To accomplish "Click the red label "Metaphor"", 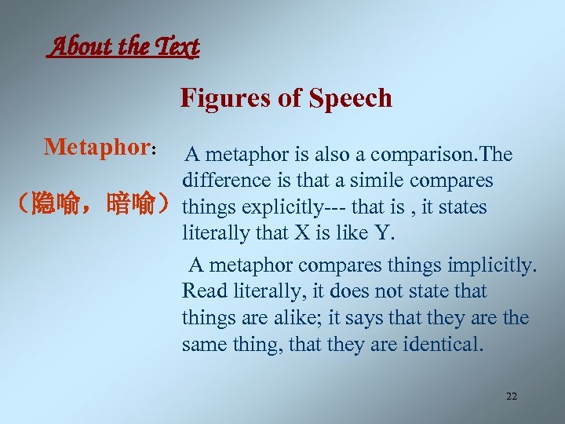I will [x=97, y=147].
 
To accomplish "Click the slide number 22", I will [x=511, y=397].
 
